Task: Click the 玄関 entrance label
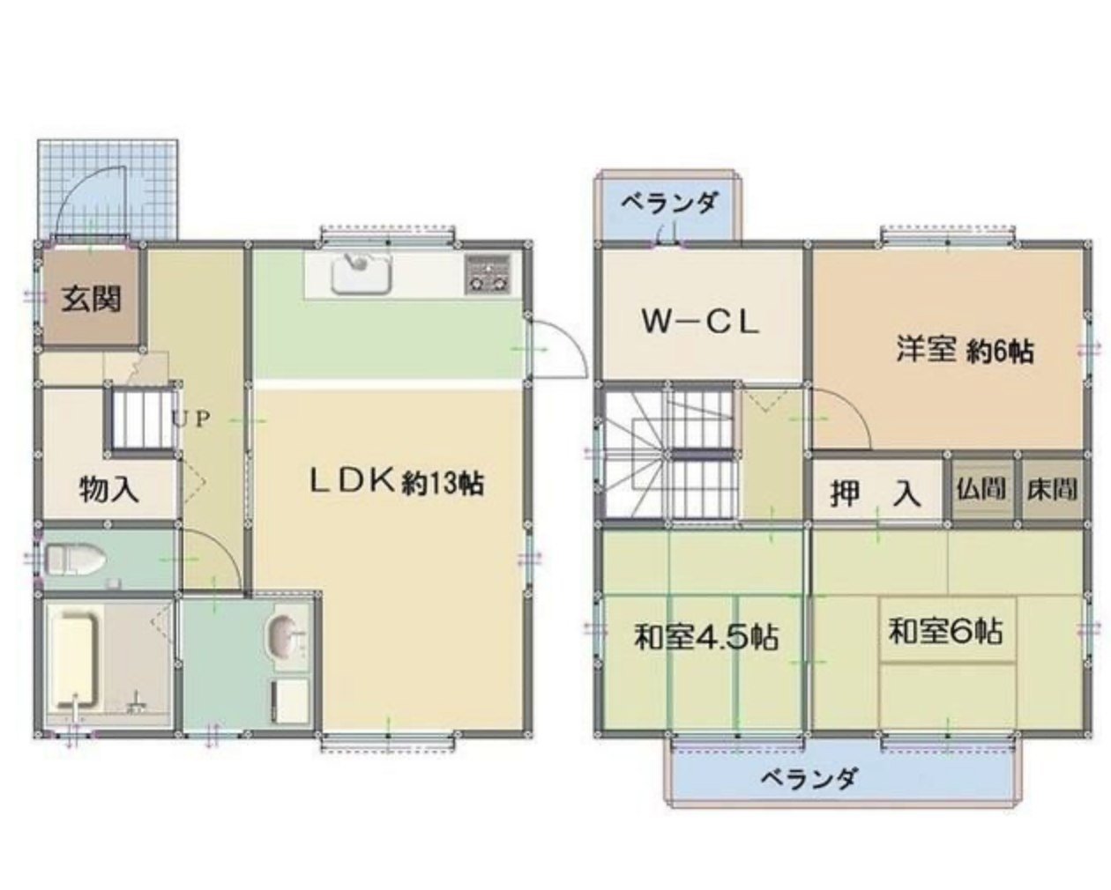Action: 92,299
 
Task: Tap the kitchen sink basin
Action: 361,274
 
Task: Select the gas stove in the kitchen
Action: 488,274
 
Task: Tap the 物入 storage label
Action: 109,490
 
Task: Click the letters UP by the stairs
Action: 191,419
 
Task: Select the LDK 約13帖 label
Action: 396,482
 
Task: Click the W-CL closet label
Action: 700,322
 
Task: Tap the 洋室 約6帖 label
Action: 965,351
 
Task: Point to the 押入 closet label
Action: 876,493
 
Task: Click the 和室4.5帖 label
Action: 705,638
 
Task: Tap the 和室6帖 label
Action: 945,630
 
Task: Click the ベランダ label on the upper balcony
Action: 668,202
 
